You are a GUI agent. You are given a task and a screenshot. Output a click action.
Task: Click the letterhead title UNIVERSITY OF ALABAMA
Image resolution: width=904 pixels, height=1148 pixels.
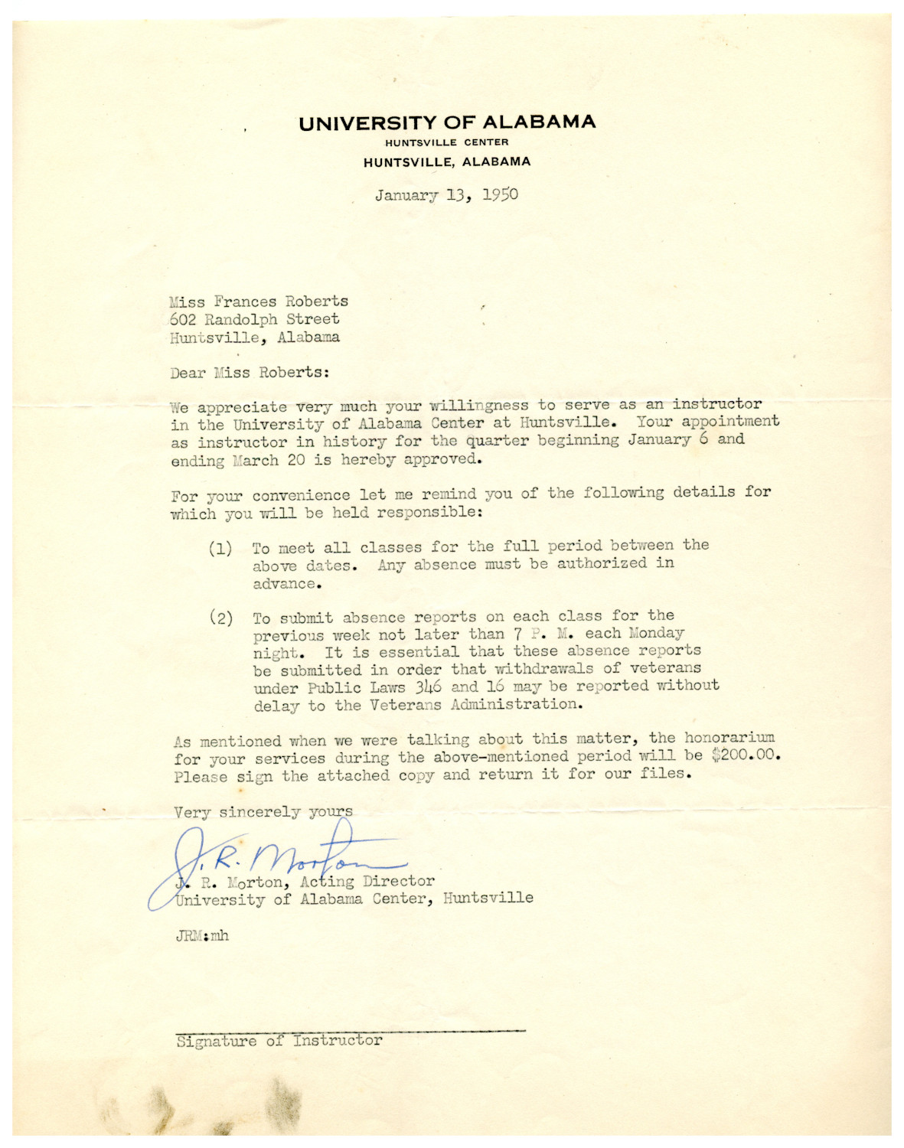tap(447, 122)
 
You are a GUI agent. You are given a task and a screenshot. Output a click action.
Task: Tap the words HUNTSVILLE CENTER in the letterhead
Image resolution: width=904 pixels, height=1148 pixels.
tap(446, 142)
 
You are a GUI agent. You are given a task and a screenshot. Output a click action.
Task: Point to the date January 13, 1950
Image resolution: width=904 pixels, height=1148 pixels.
tap(446, 194)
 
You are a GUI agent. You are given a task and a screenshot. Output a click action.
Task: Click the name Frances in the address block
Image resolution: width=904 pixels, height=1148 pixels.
tap(245, 302)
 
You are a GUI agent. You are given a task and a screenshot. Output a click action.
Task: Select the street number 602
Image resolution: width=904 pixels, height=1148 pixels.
tap(183, 319)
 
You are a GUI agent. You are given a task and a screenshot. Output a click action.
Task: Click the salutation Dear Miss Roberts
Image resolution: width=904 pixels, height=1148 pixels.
tap(250, 373)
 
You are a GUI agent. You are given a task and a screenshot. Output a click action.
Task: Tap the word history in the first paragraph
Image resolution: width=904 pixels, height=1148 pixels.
tap(354, 442)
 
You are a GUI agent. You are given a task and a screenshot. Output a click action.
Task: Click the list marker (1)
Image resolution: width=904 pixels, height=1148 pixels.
tap(220, 549)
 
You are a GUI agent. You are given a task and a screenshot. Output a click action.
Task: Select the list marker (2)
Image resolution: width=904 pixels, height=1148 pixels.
tap(220, 618)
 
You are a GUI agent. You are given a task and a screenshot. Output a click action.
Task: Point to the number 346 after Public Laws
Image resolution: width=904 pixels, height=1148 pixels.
tap(428, 687)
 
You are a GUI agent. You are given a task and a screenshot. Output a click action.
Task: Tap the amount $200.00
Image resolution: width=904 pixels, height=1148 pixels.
tap(745, 755)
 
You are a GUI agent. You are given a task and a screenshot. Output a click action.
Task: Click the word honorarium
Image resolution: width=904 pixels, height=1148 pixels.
tap(729, 738)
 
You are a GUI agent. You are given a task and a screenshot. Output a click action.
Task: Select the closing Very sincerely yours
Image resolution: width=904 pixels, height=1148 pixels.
tap(263, 812)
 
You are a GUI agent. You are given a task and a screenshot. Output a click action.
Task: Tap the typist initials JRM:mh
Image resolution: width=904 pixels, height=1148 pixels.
tap(202, 935)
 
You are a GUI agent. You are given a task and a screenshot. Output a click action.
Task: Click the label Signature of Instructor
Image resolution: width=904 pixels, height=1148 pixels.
tap(279, 1041)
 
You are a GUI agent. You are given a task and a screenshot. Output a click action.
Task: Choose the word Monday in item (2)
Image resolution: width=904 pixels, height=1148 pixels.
tap(656, 634)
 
